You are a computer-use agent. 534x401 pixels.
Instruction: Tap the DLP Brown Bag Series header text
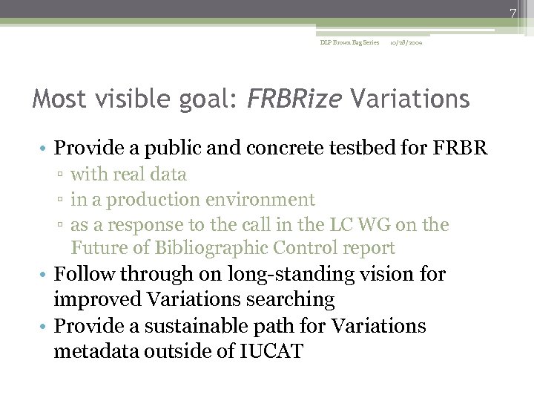click(x=349, y=42)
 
